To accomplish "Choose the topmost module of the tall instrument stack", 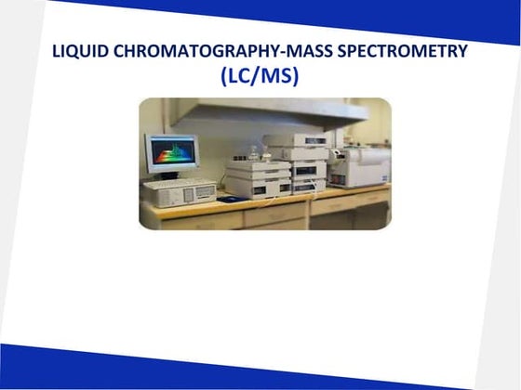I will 296,140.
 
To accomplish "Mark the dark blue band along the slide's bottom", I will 260,371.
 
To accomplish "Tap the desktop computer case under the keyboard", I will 178,196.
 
